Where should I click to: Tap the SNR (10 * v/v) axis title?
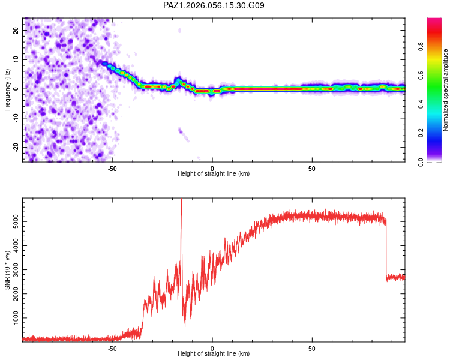point(8,271)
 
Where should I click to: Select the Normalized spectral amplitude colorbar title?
point(446,90)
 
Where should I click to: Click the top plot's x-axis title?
point(214,173)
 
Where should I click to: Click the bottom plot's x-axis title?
point(214,353)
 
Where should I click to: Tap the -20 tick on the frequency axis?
point(16,147)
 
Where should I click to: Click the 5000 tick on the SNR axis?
point(13,222)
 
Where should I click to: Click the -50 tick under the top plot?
point(112,167)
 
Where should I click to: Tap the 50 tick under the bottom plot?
point(312,347)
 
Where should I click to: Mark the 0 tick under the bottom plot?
point(212,347)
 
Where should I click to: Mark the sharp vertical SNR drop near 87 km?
point(386,249)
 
